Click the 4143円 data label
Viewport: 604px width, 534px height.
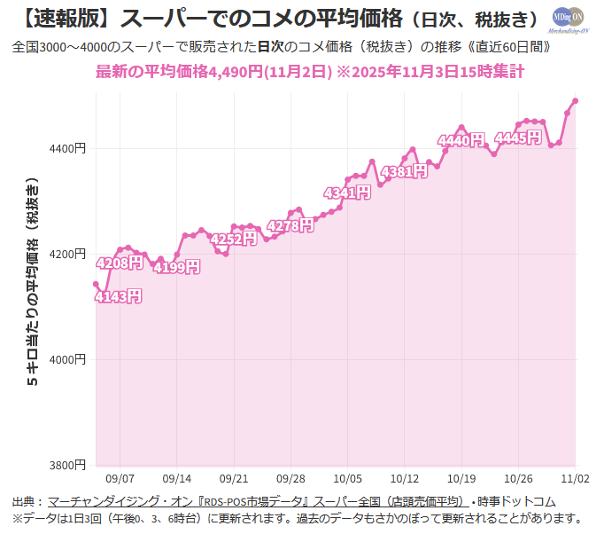coord(119,296)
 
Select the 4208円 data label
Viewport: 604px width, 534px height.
coord(119,263)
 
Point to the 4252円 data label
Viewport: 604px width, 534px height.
coord(234,239)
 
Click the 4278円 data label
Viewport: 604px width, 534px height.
coord(290,225)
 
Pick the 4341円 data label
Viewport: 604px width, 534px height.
coord(346,192)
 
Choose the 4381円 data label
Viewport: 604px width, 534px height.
coord(404,171)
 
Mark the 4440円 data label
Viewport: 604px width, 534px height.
coord(461,140)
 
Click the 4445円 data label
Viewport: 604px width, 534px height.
coord(517,137)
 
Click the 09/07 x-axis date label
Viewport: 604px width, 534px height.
coord(120,476)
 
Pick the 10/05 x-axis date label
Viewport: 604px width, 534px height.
coord(347,476)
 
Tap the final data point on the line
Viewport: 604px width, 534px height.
coord(576,100)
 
